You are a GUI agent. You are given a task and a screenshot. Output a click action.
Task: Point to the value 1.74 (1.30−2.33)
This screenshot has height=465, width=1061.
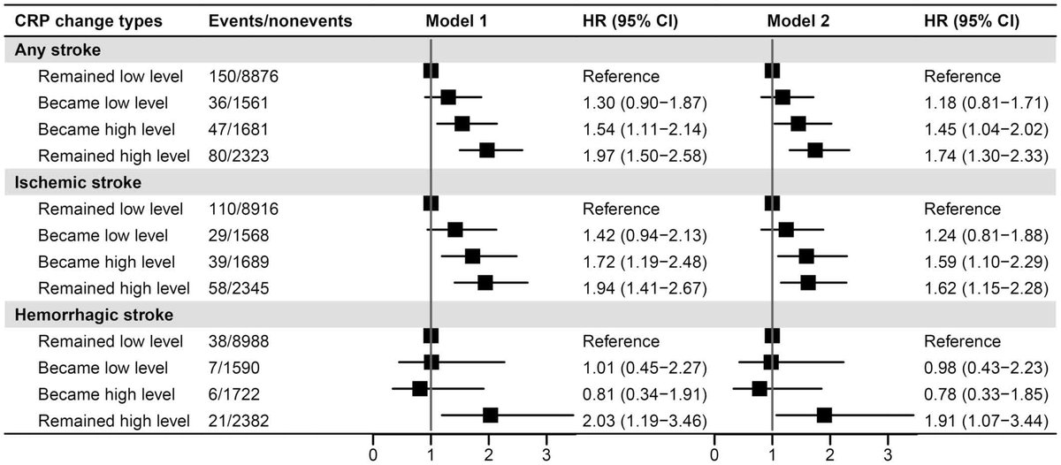point(987,156)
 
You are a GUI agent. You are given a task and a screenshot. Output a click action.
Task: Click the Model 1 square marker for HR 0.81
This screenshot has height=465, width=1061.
point(420,388)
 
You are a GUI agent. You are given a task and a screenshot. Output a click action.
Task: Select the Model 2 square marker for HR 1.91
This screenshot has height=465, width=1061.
point(824,415)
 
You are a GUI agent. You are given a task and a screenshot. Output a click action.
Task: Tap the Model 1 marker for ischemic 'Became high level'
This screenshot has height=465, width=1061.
point(472,256)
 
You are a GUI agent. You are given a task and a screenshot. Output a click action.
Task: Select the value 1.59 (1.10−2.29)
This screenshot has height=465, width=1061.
point(987,261)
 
